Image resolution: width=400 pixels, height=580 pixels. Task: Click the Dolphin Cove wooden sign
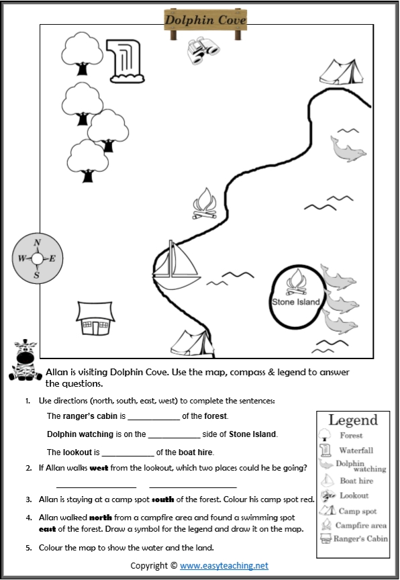[205, 19]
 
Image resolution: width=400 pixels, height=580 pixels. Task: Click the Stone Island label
[295, 302]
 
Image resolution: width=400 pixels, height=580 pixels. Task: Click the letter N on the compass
[37, 243]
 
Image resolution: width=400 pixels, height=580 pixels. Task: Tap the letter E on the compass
[52, 258]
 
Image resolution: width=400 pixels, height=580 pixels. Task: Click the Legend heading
[353, 420]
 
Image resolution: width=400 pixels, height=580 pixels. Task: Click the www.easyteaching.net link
[223, 566]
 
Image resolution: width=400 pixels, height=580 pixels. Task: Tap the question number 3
[28, 499]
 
